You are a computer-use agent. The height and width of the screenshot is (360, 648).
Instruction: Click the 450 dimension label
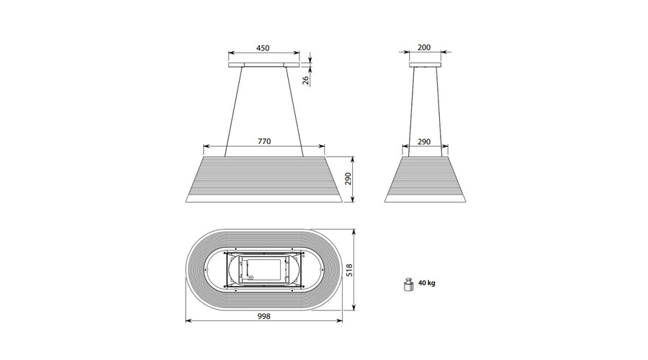tap(263, 48)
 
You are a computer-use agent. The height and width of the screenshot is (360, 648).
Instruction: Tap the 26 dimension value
tap(306, 80)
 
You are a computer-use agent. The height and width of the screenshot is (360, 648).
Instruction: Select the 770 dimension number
tap(264, 141)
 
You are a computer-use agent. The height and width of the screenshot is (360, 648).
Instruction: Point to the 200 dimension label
tap(424, 48)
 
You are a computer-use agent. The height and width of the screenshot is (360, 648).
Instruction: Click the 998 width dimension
tap(264, 316)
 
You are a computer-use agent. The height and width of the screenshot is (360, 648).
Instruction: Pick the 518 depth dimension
tap(349, 270)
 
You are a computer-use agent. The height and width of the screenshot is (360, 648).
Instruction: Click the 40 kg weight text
tap(426, 283)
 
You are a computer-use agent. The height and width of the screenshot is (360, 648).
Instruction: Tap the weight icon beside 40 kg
tap(408, 285)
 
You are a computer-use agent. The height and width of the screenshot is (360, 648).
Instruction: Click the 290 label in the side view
tap(424, 142)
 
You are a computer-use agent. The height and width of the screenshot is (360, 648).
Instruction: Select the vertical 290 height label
tap(348, 179)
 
